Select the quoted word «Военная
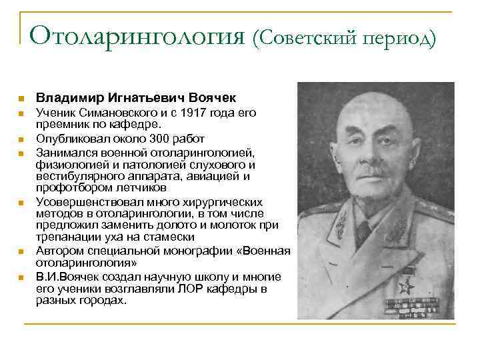tap(267, 251)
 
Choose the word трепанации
tap(63, 237)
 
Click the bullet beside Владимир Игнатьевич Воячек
tap(21, 97)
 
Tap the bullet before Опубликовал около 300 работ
tap(21, 140)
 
